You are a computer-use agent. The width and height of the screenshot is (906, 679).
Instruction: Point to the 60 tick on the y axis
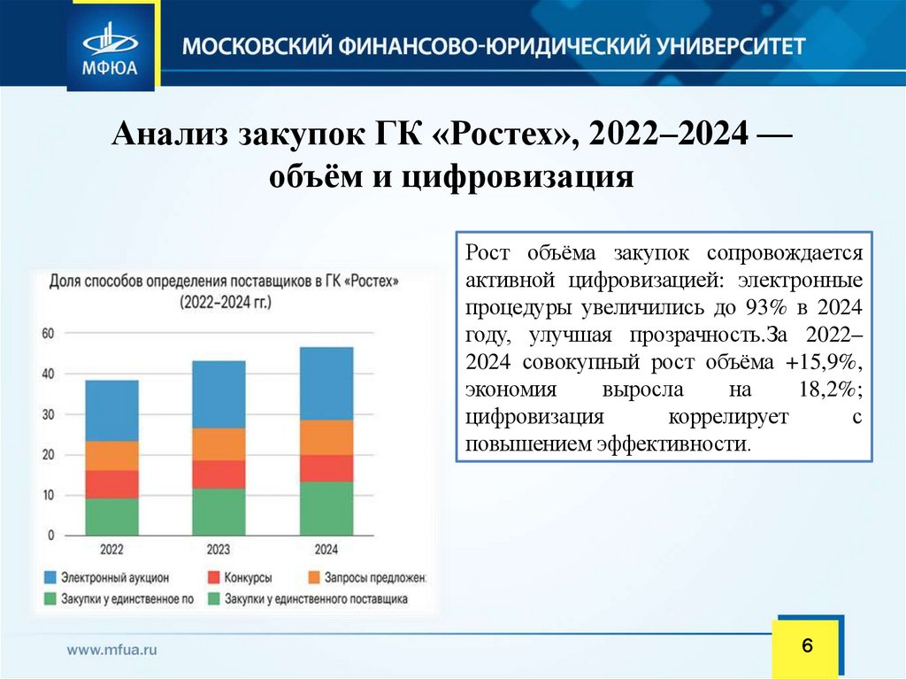coord(48,334)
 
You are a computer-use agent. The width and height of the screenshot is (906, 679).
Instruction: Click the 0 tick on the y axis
coord(51,536)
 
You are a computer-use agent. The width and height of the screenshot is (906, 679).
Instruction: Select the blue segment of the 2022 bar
coord(111,411)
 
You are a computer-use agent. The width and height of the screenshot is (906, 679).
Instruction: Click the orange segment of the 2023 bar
coord(219,444)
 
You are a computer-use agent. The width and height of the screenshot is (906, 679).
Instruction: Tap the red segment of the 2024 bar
coord(326,467)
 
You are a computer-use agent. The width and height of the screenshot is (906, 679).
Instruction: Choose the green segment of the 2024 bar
coord(326,508)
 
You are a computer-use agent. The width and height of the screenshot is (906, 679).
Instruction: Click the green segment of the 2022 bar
coord(111,517)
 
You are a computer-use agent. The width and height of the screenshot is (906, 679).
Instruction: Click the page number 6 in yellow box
coord(806,644)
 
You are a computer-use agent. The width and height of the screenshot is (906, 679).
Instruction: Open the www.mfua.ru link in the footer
coord(112,649)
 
